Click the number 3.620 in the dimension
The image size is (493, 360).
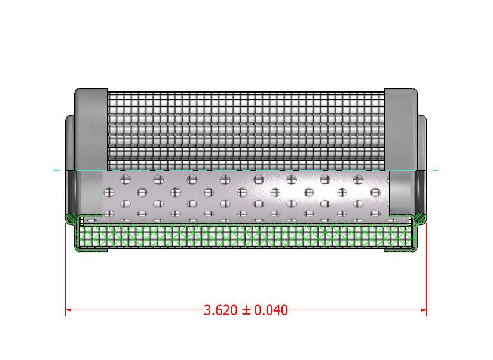click(221, 310)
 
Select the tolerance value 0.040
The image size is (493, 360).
click(271, 310)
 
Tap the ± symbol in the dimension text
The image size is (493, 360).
click(246, 310)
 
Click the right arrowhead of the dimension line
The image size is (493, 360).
click(423, 310)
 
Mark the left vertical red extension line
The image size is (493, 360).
click(65, 269)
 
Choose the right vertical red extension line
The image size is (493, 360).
click(426, 269)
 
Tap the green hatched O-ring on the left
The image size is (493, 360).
click(69, 218)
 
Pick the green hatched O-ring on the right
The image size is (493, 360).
click(421, 218)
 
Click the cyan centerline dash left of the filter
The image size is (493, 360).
click(57, 170)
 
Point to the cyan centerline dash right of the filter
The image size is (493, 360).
click(434, 170)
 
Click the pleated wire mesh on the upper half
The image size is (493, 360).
click(245, 128)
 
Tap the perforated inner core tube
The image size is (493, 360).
click(245, 194)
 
